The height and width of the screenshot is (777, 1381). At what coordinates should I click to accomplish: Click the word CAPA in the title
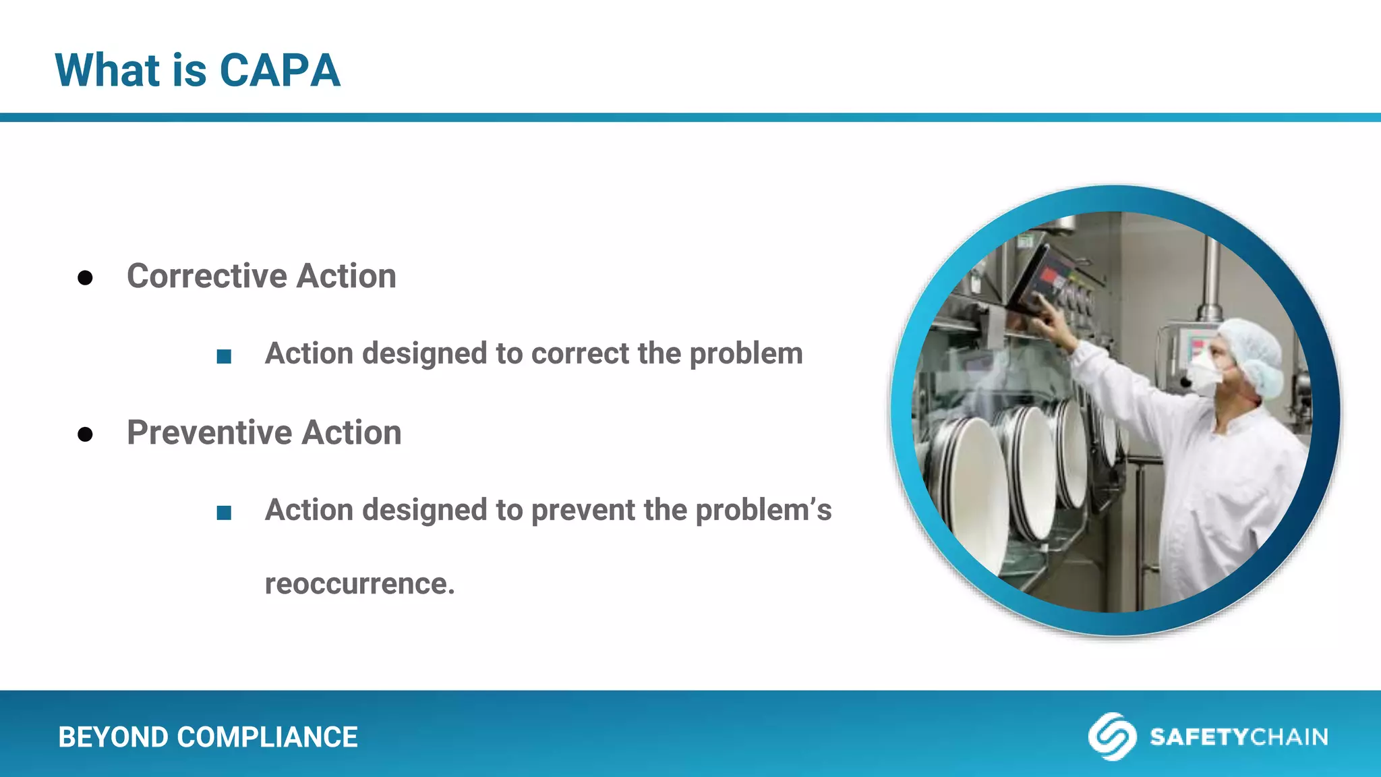point(280,70)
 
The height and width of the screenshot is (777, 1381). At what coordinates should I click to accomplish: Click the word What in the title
point(107,70)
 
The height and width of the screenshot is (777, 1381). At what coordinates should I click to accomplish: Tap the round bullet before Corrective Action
point(85,278)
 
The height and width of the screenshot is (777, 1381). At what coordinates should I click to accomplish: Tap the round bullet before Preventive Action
point(85,434)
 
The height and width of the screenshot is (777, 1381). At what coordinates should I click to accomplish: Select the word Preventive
point(209,433)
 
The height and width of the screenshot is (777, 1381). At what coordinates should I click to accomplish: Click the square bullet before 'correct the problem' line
point(224,356)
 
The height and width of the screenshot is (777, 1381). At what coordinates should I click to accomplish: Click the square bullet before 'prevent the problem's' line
point(224,513)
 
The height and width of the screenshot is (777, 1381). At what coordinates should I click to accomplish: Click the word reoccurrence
point(359,584)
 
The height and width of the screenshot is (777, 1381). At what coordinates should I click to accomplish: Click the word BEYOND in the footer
point(113,737)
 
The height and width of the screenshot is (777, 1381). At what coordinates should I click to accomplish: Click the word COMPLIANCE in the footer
point(267,737)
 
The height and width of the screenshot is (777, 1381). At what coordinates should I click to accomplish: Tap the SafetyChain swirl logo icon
point(1111,737)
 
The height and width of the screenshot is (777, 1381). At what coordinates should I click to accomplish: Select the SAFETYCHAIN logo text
point(1239,737)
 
